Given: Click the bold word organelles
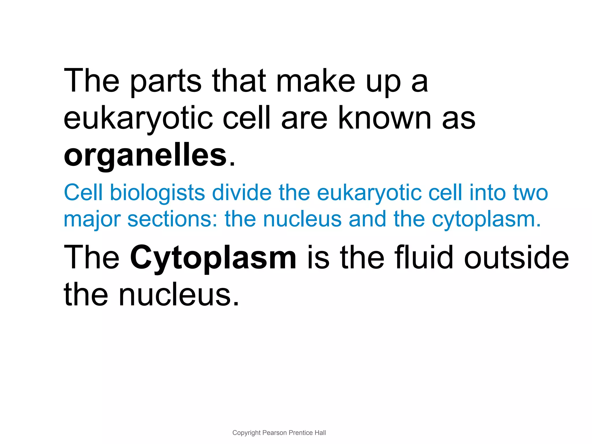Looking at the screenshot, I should tap(145, 156).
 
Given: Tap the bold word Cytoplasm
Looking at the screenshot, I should tap(213, 257).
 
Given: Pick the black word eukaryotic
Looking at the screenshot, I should tap(138, 119).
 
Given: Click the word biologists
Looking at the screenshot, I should tap(158, 193).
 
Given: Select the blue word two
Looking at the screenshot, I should tap(530, 193).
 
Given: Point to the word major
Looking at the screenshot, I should tap(92, 220).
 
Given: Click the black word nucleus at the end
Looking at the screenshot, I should tap(179, 295).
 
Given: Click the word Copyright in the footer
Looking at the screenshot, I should tap(246, 433).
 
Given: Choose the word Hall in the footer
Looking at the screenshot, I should tap(320, 433).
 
